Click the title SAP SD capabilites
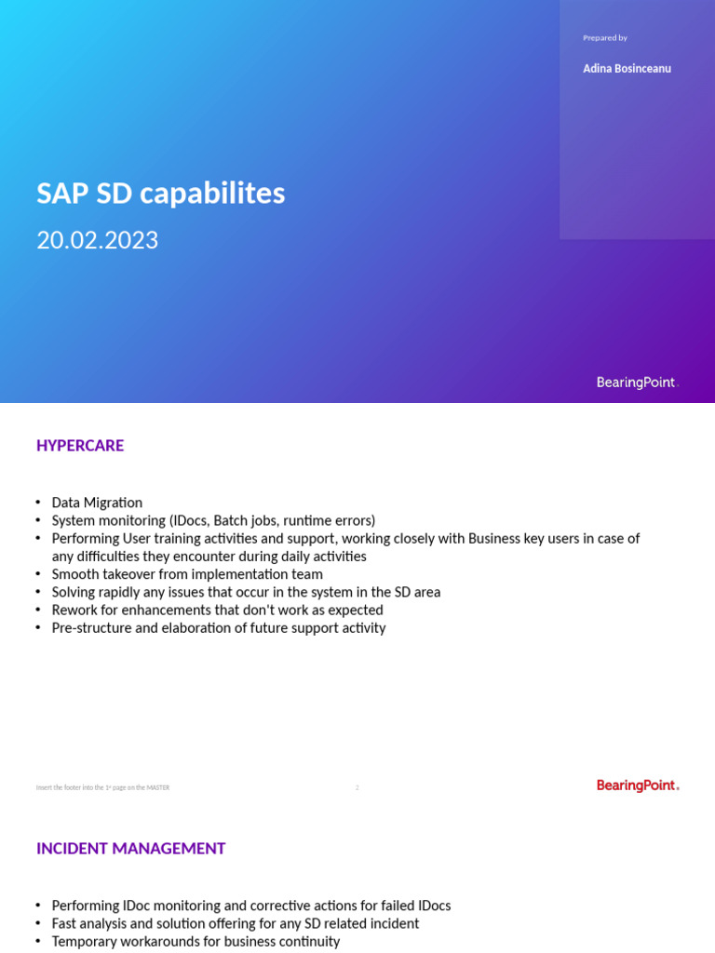[x=160, y=194]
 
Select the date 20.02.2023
[x=97, y=240]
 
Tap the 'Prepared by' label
[x=605, y=38]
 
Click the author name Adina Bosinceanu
[x=627, y=69]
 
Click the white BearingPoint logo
[x=637, y=383]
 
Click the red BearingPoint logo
[x=637, y=785]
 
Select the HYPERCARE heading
[x=80, y=446]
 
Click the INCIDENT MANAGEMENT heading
[x=130, y=849]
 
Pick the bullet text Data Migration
[x=97, y=503]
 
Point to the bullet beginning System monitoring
[x=213, y=520]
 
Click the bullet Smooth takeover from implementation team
[x=187, y=574]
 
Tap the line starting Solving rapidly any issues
[x=246, y=592]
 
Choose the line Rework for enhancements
[x=217, y=610]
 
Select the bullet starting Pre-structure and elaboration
[x=218, y=628]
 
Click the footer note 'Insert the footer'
[x=102, y=787]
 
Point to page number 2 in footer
[x=357, y=787]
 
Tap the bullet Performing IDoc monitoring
[x=250, y=906]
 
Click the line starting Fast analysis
[x=235, y=923]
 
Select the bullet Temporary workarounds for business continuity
[x=196, y=941]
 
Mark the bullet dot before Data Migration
[x=38, y=503]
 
